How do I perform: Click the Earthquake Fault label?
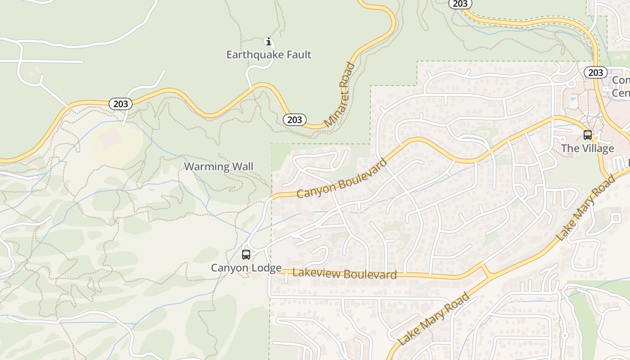(269, 55)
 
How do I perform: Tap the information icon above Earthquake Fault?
(269, 42)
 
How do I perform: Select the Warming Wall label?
(219, 166)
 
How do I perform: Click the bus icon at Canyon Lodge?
(246, 255)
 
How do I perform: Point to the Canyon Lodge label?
(246, 268)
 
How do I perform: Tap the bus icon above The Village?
(587, 135)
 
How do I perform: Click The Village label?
(587, 148)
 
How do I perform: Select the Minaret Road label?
(340, 94)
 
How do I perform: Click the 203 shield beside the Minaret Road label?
(295, 120)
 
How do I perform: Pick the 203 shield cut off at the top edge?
(460, 4)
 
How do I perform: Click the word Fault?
(297, 55)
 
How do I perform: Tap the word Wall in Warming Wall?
(243, 166)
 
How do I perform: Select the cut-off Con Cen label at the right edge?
(621, 86)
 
